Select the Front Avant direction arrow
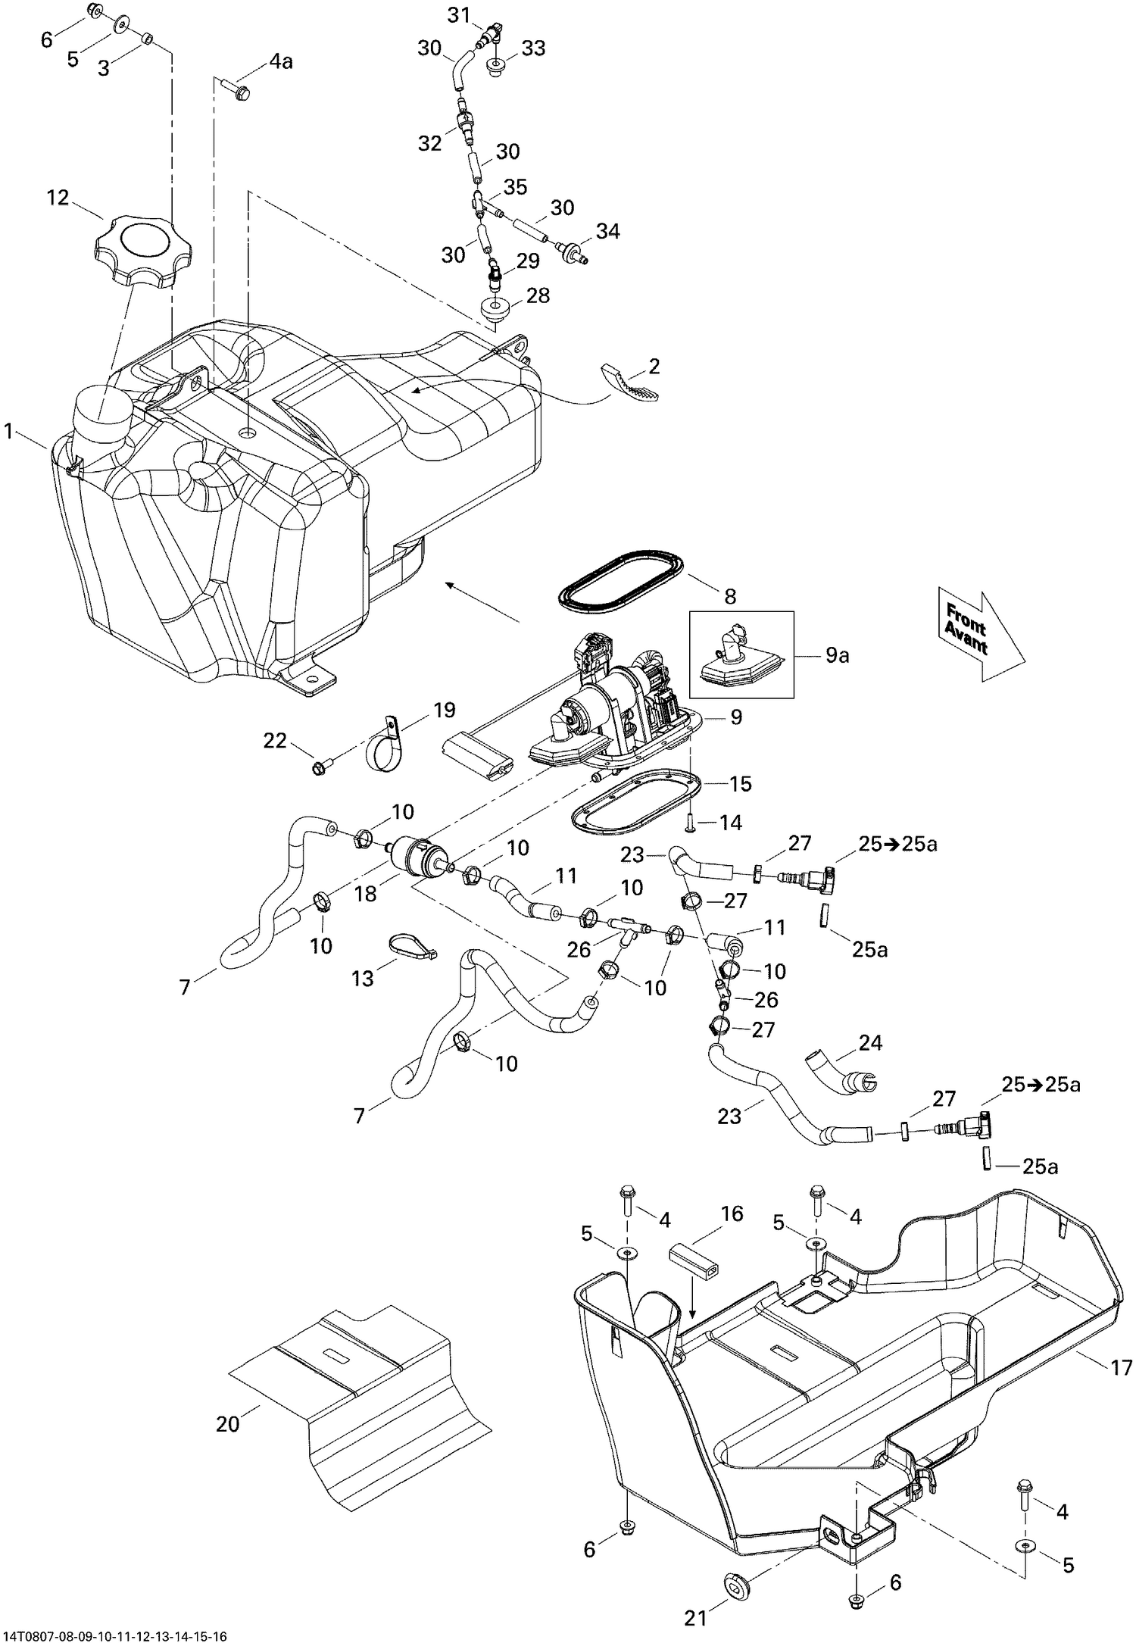click(977, 632)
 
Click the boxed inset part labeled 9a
click(741, 654)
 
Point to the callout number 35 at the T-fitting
click(515, 187)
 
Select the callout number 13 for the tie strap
click(363, 978)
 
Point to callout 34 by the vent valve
click(607, 231)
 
